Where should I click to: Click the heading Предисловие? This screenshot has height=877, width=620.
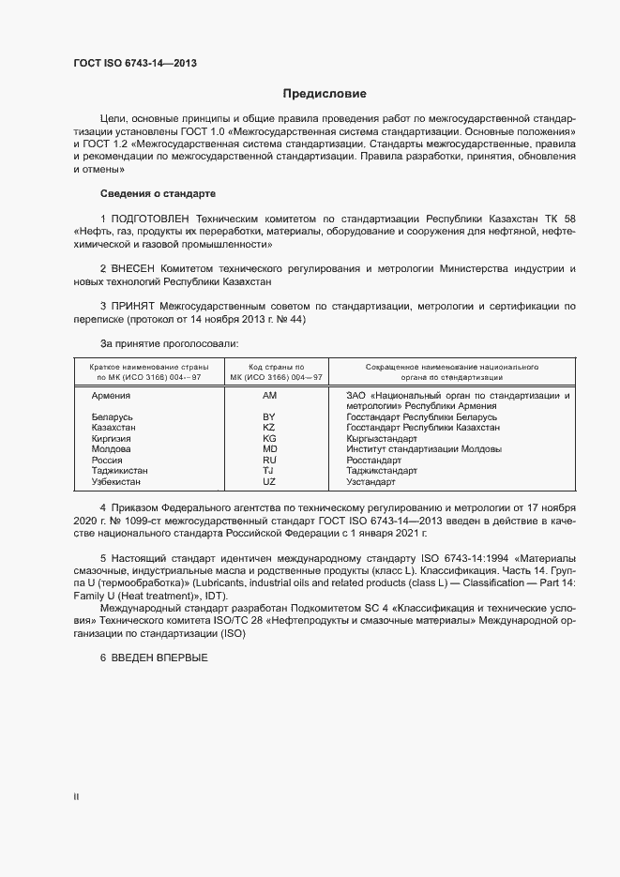click(x=325, y=94)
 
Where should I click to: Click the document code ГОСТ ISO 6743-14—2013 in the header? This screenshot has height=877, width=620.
click(x=135, y=64)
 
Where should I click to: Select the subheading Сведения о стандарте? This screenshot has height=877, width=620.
click(x=158, y=193)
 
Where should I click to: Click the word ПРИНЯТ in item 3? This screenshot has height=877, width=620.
click(x=137, y=307)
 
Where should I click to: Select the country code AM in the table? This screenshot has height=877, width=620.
click(x=270, y=396)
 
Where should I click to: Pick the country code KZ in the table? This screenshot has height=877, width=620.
click(x=269, y=427)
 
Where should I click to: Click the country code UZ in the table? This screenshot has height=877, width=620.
click(x=269, y=481)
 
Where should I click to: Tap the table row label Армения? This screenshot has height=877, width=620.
click(x=111, y=396)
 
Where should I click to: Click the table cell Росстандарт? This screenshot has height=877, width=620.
click(x=373, y=460)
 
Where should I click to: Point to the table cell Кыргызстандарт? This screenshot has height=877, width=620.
click(x=382, y=438)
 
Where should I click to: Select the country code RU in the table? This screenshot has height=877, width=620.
click(x=269, y=460)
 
